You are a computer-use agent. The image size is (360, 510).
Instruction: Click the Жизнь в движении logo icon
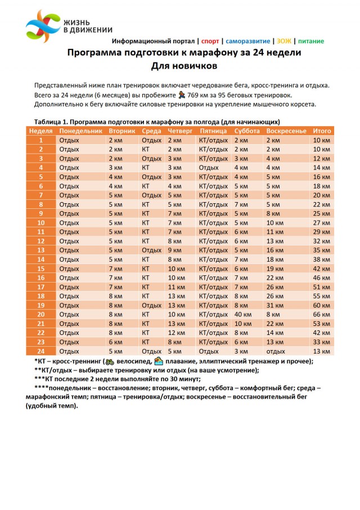(x=43, y=25)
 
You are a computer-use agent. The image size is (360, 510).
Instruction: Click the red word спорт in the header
(x=210, y=41)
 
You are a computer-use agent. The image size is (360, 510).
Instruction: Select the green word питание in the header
(x=310, y=41)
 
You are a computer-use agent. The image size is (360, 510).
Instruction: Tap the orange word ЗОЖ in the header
(x=283, y=41)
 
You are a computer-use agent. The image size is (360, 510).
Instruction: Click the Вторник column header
(x=121, y=131)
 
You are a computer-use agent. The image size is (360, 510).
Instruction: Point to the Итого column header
(x=322, y=131)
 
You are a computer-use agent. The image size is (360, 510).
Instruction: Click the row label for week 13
(x=41, y=250)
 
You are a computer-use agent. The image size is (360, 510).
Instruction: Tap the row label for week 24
(x=41, y=351)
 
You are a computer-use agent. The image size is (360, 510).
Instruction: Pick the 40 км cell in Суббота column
(x=242, y=315)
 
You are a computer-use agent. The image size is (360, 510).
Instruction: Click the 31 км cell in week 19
(x=274, y=305)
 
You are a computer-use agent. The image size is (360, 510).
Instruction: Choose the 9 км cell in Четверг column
(x=174, y=250)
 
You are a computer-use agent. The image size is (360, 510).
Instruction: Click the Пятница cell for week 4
(x=209, y=167)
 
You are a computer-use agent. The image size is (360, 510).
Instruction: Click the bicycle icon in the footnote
(x=110, y=361)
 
